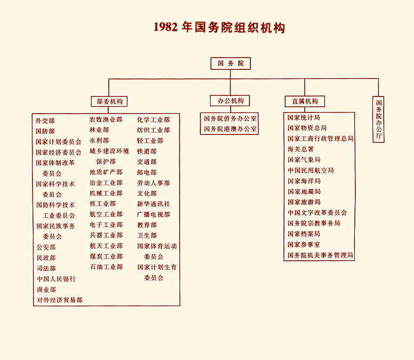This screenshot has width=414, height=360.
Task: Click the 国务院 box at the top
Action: point(231,63)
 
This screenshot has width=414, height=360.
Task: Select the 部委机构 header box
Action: point(109,101)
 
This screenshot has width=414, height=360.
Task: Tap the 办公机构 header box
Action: point(230,101)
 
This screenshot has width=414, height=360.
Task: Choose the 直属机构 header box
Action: point(305,101)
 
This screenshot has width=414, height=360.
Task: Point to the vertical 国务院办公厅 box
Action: point(378,119)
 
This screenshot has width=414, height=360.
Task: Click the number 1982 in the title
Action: point(166,27)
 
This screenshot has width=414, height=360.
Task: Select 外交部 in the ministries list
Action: point(45,121)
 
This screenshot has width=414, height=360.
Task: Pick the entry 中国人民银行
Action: point(56,279)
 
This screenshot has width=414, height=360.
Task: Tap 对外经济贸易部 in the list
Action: point(60,300)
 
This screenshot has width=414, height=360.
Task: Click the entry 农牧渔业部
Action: point(106,119)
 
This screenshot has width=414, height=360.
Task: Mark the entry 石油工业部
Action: point(106,267)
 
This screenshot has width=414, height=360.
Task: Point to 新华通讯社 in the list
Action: point(153,204)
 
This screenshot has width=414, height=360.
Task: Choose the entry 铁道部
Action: point(147,151)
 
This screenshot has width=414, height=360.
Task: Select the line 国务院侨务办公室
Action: point(230,118)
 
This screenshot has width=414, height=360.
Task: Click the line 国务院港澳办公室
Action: point(230,129)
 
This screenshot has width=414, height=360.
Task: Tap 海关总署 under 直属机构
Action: point(301,149)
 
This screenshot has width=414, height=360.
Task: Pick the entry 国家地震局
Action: point(304,191)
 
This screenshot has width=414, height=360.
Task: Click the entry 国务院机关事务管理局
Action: point(320,255)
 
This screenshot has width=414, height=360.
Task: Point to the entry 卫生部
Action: point(147,236)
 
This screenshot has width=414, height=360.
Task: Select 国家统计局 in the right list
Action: point(304,117)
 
